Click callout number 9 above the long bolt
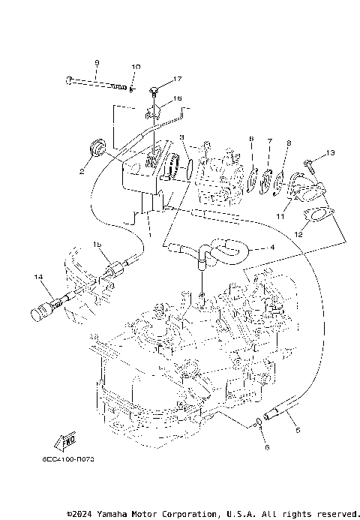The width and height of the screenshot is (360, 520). [97, 62]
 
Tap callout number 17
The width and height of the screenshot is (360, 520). [178, 79]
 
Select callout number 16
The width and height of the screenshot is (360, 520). [178, 98]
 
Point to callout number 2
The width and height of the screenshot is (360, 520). [81, 170]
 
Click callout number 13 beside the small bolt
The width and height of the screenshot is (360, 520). [331, 154]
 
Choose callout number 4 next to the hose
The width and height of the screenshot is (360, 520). [272, 247]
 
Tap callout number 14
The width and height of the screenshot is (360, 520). [36, 278]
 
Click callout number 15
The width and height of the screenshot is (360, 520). [97, 245]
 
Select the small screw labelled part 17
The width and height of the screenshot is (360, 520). [154, 91]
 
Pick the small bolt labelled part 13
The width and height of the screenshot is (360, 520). [309, 161]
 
